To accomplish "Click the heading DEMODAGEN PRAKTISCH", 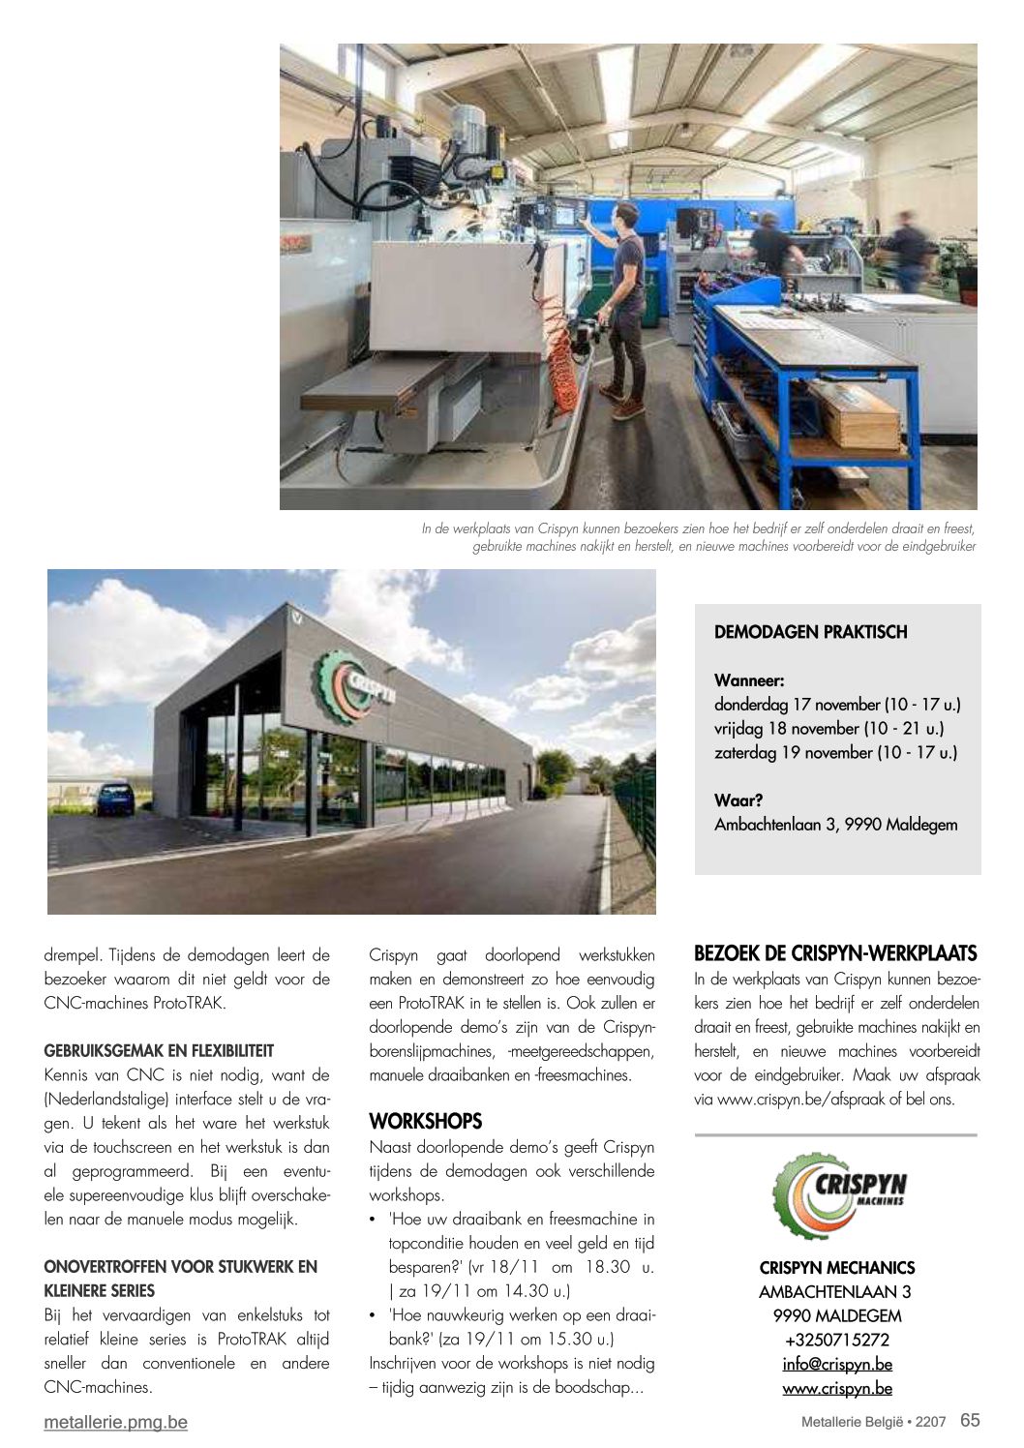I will (810, 632).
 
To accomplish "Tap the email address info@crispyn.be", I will (837, 1364).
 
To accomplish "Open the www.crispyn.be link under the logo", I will (837, 1388).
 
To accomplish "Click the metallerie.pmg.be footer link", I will (115, 1422).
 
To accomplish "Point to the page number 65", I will (970, 1420).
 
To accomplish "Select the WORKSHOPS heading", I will (425, 1122).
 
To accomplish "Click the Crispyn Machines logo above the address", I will (838, 1195).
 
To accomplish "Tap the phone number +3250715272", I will (837, 1340).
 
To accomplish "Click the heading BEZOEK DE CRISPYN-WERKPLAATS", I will (835, 953).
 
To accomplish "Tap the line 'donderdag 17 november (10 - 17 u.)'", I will (837, 705).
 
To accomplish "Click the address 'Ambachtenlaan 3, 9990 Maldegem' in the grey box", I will (835, 825).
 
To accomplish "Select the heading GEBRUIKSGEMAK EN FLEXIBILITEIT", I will (159, 1050).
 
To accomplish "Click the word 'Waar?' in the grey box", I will (738, 800).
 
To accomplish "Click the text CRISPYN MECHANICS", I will (837, 1268).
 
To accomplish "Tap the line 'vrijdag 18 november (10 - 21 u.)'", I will (828, 729).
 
